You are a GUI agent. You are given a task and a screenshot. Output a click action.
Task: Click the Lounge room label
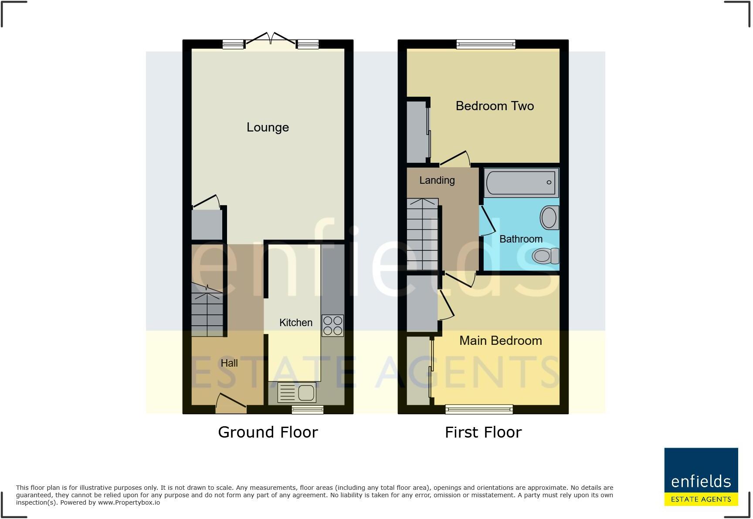[x=268, y=127]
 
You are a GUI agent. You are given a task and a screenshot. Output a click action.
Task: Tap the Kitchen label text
[x=295, y=323]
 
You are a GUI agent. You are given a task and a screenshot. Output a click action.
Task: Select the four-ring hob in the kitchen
[x=332, y=326]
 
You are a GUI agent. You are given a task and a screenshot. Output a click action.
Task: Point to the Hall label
[x=229, y=363]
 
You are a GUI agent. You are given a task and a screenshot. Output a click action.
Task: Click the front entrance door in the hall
[x=231, y=403]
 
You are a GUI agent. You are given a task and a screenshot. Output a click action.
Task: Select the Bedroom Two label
[x=495, y=106]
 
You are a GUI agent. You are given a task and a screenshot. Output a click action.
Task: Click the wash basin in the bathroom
[x=549, y=217]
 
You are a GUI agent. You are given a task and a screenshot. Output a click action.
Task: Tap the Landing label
[x=437, y=180]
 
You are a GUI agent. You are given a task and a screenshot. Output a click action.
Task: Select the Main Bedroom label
[x=500, y=340]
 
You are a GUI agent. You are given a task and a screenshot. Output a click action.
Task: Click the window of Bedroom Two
[x=486, y=44]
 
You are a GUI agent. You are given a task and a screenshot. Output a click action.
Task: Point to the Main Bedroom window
[x=479, y=409]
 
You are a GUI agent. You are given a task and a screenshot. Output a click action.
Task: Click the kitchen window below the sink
[x=308, y=409]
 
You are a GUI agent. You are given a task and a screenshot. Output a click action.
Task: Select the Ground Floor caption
[x=268, y=432]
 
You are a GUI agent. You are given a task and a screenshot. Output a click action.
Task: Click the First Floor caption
[x=483, y=432]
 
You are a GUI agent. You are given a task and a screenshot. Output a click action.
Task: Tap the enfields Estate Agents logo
[x=701, y=477]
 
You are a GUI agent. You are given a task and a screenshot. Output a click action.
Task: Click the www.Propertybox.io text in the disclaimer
[x=129, y=502]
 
